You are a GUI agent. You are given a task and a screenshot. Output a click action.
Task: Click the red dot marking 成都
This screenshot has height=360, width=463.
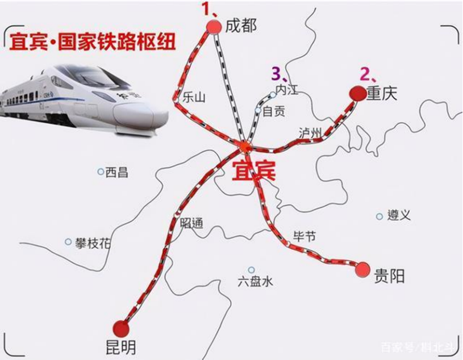[x=214, y=26]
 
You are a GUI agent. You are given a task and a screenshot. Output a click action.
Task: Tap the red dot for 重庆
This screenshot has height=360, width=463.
[x=357, y=93]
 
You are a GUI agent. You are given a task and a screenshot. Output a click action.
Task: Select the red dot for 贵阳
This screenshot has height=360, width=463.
[x=362, y=270]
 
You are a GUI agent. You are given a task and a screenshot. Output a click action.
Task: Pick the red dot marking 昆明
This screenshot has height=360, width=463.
[x=121, y=328]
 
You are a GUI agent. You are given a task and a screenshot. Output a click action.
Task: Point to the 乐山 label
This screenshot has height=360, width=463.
[x=193, y=98]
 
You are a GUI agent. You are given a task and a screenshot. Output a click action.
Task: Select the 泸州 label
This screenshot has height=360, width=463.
[x=310, y=132]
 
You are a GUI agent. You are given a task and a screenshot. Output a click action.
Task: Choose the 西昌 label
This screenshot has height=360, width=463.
[x=116, y=172]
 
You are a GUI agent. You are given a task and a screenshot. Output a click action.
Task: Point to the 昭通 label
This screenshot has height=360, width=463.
[x=191, y=223]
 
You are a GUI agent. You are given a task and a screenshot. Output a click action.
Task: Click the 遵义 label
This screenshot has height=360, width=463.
[x=398, y=216]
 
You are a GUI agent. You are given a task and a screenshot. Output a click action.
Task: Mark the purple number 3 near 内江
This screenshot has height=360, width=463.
[x=277, y=74]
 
